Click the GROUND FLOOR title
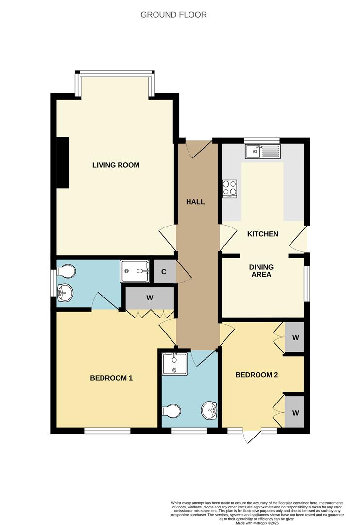(173, 15)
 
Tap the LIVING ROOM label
(116, 165)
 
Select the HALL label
(195, 202)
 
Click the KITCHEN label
(263, 234)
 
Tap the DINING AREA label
(261, 271)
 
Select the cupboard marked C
(164, 272)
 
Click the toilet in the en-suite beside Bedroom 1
(67, 271)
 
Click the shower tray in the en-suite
(135, 271)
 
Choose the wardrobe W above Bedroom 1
(150, 297)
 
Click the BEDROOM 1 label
(111, 378)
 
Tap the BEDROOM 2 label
(257, 375)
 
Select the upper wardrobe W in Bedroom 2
(295, 337)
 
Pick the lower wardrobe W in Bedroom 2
(295, 413)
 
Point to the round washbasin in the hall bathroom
(210, 410)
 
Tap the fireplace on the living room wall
(63, 162)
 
